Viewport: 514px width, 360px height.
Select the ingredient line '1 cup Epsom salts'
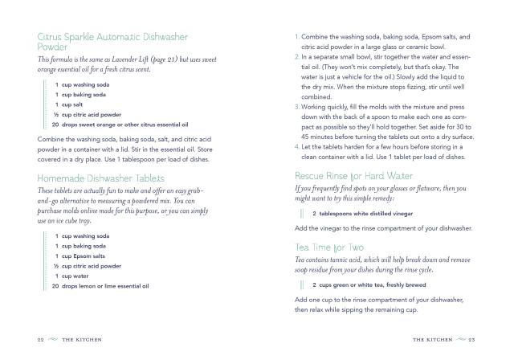pyautogui.click(x=87, y=256)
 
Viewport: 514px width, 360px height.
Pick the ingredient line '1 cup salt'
pyautogui.click(x=78, y=104)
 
